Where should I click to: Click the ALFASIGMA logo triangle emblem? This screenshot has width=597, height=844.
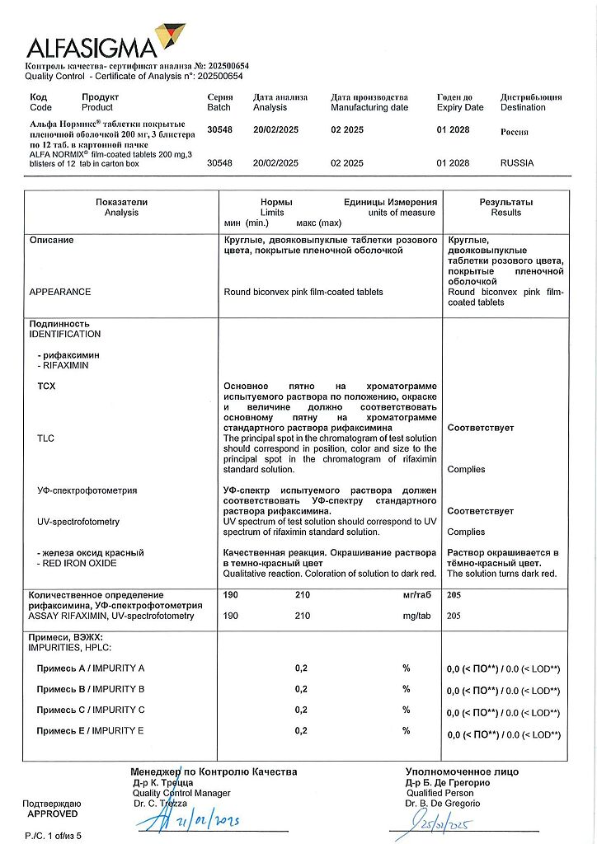[x=171, y=37]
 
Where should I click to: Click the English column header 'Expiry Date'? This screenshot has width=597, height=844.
[x=460, y=107]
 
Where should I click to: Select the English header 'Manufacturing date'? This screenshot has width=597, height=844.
[x=369, y=107]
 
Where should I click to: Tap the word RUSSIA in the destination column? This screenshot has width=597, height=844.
[x=517, y=163]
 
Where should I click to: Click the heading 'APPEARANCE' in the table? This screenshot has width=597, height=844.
[x=60, y=292]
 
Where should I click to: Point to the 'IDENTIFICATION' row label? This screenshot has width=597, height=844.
[x=65, y=335]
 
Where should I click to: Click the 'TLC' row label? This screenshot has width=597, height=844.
[x=45, y=438]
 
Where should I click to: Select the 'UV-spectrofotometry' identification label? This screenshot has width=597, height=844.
[x=78, y=522]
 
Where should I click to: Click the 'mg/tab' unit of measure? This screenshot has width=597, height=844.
[x=417, y=616]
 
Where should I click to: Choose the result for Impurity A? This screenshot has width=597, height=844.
[x=503, y=669]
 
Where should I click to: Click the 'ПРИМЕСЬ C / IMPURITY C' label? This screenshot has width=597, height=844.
[x=91, y=710]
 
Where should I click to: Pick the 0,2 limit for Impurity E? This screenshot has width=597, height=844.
[x=302, y=730]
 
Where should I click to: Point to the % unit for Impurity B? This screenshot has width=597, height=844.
[x=406, y=689]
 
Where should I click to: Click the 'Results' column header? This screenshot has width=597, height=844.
[x=506, y=213]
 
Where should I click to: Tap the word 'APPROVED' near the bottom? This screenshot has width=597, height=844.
[x=52, y=814]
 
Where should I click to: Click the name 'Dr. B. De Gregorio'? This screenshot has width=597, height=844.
[x=443, y=804]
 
